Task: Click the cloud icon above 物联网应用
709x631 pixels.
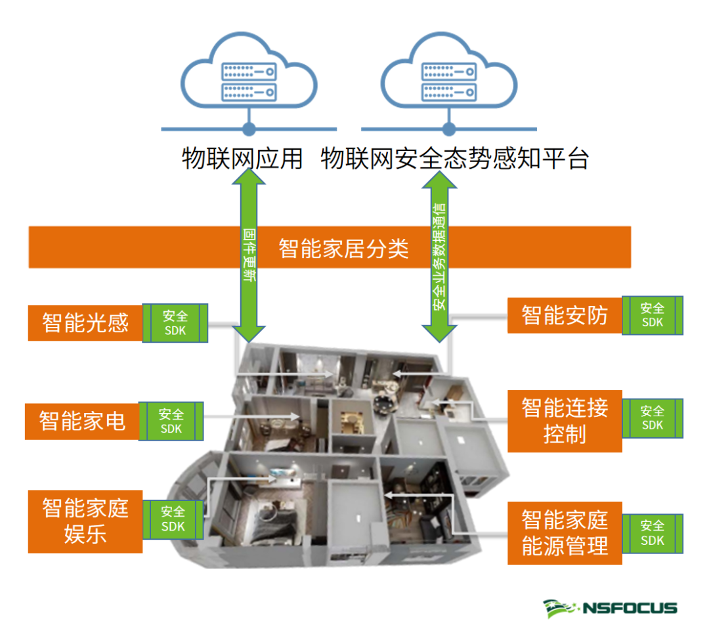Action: tap(249, 74)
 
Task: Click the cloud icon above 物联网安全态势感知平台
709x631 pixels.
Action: tap(448, 74)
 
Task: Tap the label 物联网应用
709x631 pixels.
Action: tap(242, 159)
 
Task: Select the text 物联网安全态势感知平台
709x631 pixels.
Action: tap(455, 159)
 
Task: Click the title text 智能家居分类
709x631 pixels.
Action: tap(343, 248)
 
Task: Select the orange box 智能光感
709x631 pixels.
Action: tap(85, 322)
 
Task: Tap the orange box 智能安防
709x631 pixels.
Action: tap(565, 315)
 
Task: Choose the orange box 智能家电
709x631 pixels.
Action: tap(82, 421)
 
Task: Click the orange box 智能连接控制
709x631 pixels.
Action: tap(565, 421)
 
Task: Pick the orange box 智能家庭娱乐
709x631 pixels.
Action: tap(85, 521)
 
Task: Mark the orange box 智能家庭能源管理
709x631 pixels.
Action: tap(565, 533)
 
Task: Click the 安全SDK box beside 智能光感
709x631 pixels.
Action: tap(175, 323)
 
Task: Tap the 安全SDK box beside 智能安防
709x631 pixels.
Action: tap(653, 315)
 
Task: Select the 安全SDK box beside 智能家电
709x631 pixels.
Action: tap(171, 422)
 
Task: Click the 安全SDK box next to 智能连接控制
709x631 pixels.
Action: tap(653, 418)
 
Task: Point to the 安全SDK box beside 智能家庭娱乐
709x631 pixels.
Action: tap(173, 519)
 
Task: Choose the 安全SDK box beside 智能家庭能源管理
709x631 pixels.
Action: tap(653, 533)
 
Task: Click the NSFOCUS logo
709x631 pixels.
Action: tap(610, 607)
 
